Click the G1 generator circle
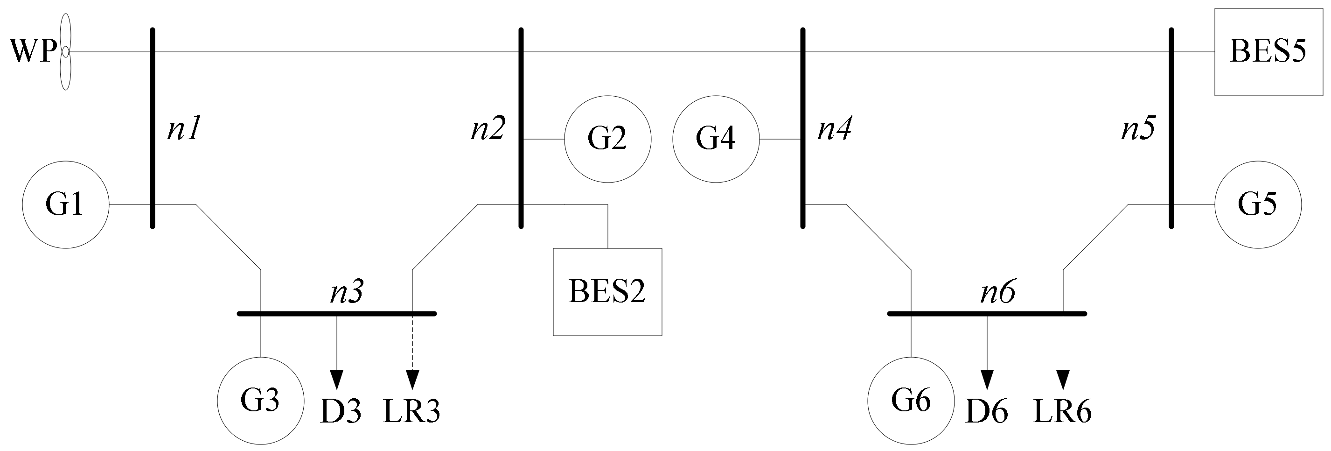[66, 205]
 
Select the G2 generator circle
[607, 139]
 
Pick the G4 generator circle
[716, 139]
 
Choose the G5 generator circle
[1258, 205]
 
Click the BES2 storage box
[607, 292]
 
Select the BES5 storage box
[1268, 52]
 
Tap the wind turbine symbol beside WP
[65, 52]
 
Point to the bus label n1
[183, 129]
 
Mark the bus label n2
[487, 129]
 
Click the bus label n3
[347, 292]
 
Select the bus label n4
[834, 129]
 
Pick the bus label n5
[1138, 129]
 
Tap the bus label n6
[997, 292]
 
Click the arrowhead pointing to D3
[336, 380]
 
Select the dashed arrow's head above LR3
[412, 380]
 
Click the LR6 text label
[1062, 413]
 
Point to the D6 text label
[987, 413]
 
